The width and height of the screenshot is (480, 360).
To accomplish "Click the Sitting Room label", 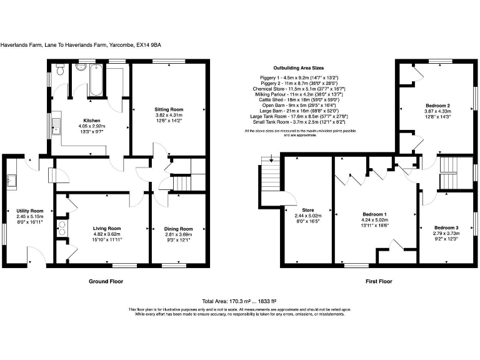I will (169, 109).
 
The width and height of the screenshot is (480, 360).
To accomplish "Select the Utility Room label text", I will (29, 211).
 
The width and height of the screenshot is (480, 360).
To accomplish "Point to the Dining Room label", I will (178, 229).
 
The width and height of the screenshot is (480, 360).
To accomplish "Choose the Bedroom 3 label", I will (446, 227).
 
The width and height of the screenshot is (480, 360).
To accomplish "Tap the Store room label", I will (306, 209).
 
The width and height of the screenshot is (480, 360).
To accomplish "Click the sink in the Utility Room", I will (11, 181).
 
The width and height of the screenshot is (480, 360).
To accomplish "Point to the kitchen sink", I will (57, 125).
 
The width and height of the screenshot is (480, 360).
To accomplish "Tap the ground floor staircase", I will (180, 183).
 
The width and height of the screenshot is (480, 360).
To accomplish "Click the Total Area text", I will (239, 301).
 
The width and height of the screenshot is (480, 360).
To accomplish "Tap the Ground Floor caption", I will (106, 281).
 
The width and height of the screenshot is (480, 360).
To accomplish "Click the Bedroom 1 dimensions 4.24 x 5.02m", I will (374, 220).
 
